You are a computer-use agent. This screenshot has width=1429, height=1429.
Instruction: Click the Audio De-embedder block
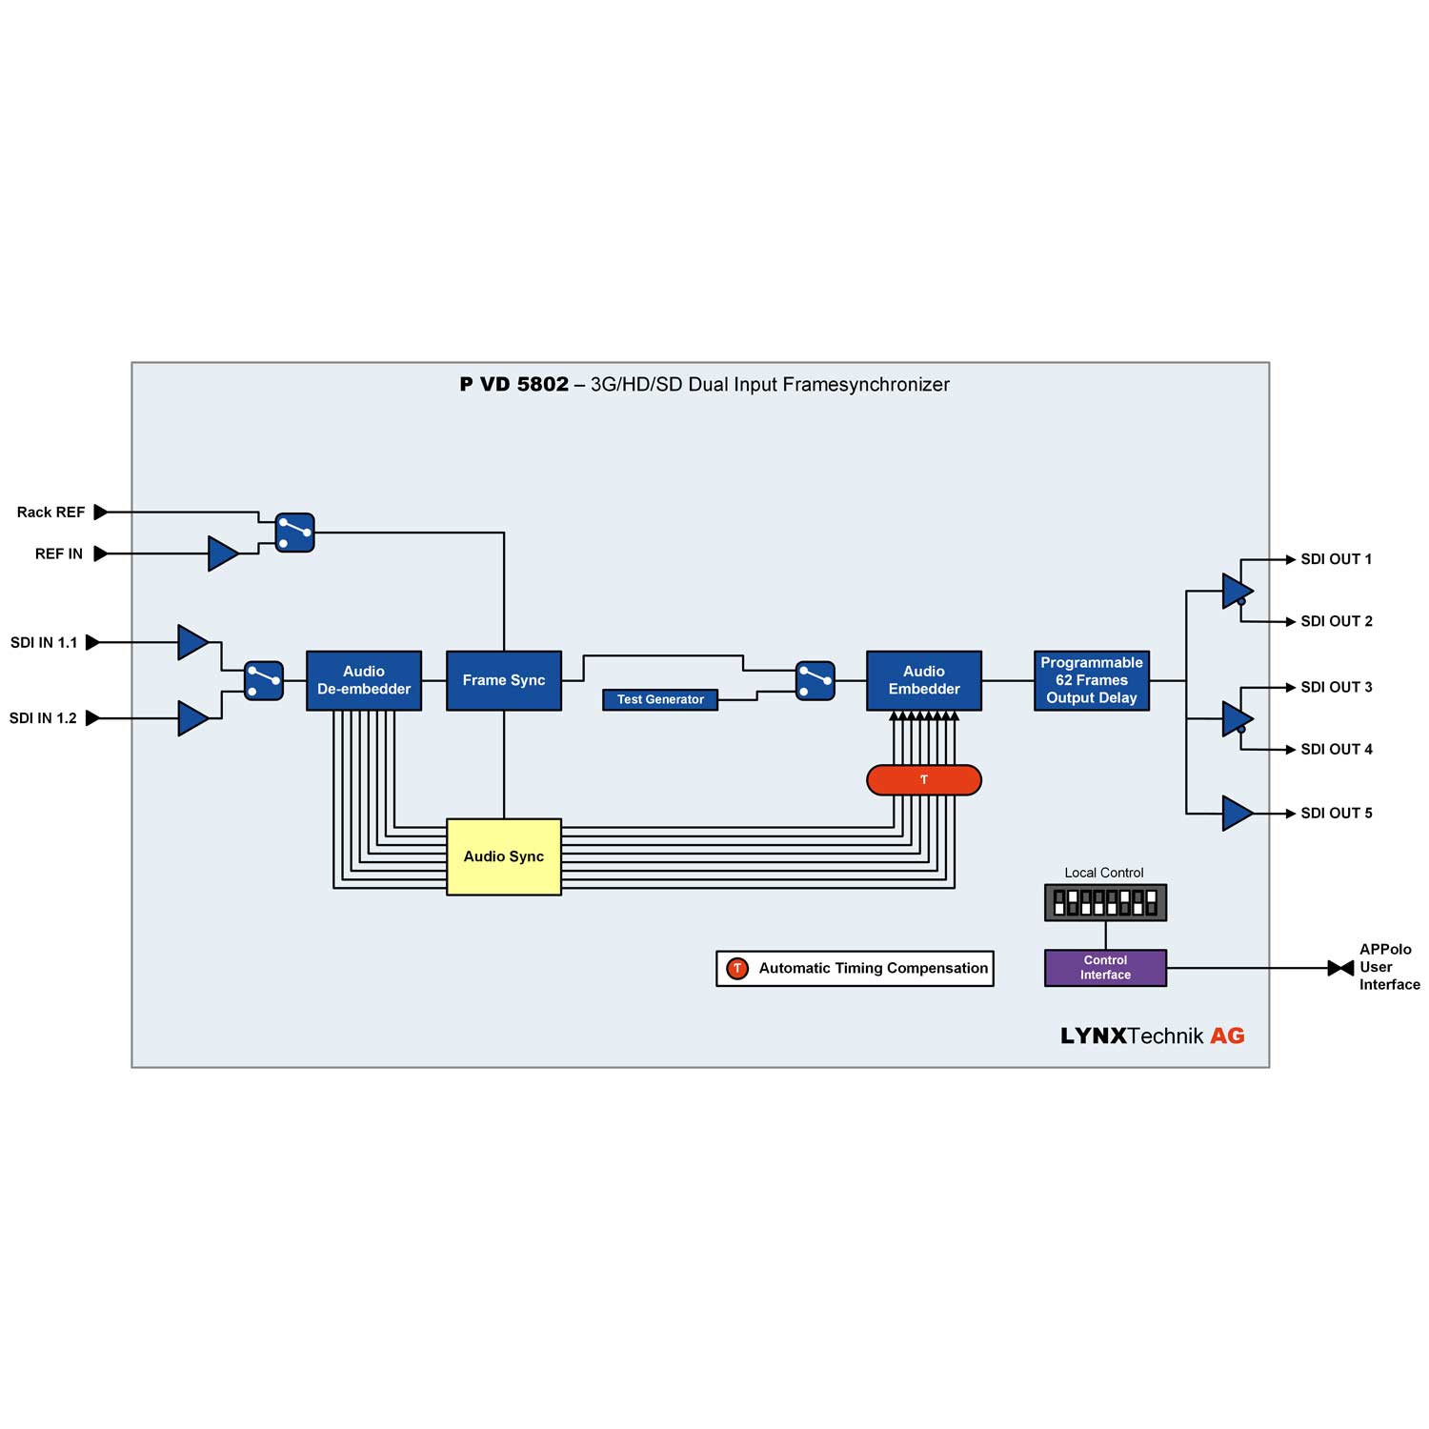[363, 680]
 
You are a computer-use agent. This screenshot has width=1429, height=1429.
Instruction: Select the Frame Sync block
[503, 680]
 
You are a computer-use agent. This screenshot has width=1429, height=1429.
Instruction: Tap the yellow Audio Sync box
[503, 856]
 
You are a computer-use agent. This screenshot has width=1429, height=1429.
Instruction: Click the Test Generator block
[659, 699]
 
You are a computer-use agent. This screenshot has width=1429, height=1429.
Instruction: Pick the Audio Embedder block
[923, 680]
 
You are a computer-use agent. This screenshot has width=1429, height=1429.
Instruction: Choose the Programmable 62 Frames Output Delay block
[1091, 680]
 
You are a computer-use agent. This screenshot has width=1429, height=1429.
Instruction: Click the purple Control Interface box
[1105, 967]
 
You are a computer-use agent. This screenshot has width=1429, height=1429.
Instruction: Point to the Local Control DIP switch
[1105, 902]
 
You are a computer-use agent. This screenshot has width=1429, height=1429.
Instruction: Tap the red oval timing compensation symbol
[923, 779]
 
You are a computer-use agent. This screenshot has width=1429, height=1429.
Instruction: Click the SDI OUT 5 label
[1336, 813]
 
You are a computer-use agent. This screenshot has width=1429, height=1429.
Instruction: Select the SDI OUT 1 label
[1336, 559]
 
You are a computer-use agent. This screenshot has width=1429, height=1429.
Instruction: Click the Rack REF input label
[50, 513]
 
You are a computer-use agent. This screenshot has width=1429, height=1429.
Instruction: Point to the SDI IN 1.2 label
[43, 718]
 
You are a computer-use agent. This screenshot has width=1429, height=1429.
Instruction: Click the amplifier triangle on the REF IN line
[222, 553]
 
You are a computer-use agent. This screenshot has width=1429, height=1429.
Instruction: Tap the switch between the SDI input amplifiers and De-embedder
[263, 680]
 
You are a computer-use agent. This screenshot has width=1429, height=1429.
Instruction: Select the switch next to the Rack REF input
[294, 533]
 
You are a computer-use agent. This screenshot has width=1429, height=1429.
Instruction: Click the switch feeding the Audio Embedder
[815, 680]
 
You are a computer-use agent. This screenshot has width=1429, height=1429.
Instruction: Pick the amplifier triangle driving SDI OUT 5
[1237, 813]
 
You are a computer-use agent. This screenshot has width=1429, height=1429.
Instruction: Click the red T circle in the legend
[736, 968]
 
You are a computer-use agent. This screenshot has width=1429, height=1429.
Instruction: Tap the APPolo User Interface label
[1388, 967]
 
